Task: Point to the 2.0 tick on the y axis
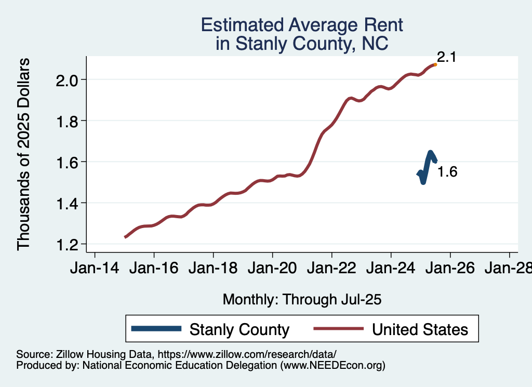[x=68, y=80]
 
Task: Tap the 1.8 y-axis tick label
[x=68, y=121]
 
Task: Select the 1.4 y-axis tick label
[x=68, y=203]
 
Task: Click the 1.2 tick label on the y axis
[x=68, y=244]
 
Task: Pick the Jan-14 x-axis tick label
[x=95, y=269]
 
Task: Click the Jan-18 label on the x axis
[x=213, y=269]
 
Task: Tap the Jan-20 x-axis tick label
[x=272, y=269]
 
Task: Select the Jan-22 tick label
[x=331, y=269]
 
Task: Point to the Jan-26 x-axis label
[x=450, y=269]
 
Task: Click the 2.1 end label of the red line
[x=446, y=57]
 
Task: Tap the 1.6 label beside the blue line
[x=447, y=172]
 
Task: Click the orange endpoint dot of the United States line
[x=435, y=64]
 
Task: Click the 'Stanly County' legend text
[x=239, y=329]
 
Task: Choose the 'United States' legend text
[x=420, y=329]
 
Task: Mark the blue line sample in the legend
[x=156, y=329]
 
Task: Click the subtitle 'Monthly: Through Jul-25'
[x=302, y=299]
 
